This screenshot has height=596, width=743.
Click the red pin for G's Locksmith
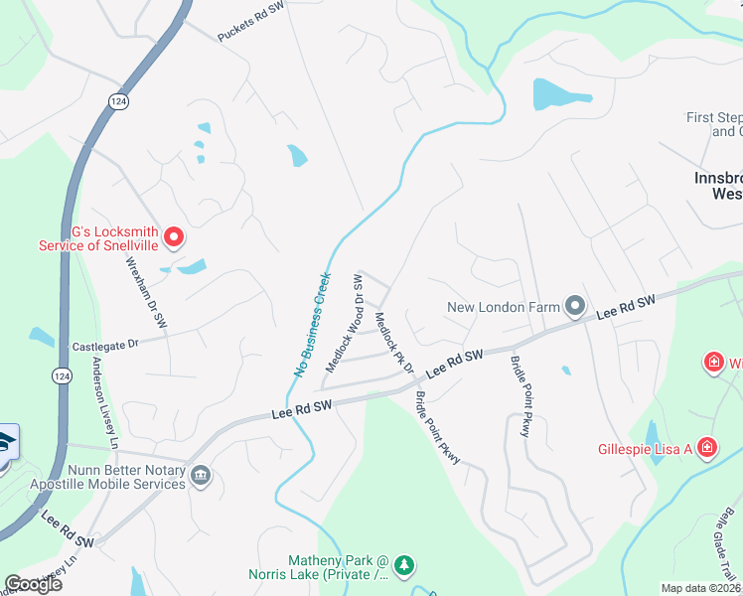pos(173,236)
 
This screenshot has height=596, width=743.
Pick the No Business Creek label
pos(311,325)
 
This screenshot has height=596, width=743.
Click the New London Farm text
pos(504,308)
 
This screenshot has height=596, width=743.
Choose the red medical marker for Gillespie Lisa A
pos(706,448)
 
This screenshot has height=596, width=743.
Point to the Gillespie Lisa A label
pos(643,449)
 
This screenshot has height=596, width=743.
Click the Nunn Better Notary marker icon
pos(201,477)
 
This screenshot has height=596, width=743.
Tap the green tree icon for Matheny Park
pos(403,566)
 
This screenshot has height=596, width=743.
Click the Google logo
pos(34,584)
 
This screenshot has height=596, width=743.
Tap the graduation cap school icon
pos(7,441)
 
